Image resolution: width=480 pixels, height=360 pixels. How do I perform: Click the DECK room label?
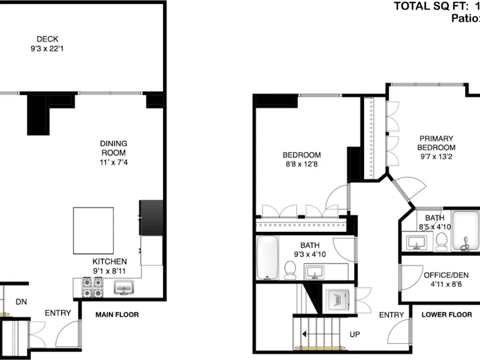pyautogui.click(x=47, y=39)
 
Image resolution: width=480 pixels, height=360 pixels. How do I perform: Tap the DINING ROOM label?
pyautogui.click(x=113, y=148)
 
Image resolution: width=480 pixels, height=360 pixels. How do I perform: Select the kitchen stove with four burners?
pyautogui.click(x=92, y=287)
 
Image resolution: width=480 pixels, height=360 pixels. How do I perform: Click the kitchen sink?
pyautogui.click(x=124, y=287)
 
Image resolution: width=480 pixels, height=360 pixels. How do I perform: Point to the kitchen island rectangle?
pyautogui.click(x=93, y=231)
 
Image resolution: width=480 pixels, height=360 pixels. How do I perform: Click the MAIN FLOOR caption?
pyautogui.click(x=117, y=315)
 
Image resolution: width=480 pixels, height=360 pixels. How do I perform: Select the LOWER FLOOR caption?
pyautogui.click(x=447, y=315)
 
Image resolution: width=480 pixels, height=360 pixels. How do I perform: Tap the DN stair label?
pyautogui.click(x=21, y=302)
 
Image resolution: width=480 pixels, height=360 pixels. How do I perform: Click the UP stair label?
pyautogui.click(x=355, y=335)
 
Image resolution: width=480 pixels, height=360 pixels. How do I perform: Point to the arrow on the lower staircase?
pyautogui.click(x=321, y=334)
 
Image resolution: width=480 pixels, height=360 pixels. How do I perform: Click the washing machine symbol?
pyautogui.click(x=337, y=299)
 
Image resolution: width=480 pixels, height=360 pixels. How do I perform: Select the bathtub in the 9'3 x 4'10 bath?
pyautogui.click(x=268, y=257)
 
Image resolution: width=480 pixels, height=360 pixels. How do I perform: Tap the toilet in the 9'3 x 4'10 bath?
pyautogui.click(x=290, y=270)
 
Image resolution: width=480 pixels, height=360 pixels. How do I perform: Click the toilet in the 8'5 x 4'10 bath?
pyautogui.click(x=441, y=242)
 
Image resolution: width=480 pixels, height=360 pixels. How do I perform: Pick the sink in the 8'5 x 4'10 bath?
pyautogui.click(x=417, y=243)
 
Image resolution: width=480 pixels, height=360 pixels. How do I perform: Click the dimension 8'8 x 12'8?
pyautogui.click(x=302, y=164)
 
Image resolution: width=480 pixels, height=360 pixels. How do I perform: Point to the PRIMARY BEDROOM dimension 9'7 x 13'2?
pyautogui.click(x=436, y=157)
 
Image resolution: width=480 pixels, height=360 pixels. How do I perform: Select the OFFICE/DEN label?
pyautogui.click(x=446, y=275)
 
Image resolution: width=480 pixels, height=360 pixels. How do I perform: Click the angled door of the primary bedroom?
pyautogui.click(x=401, y=191)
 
